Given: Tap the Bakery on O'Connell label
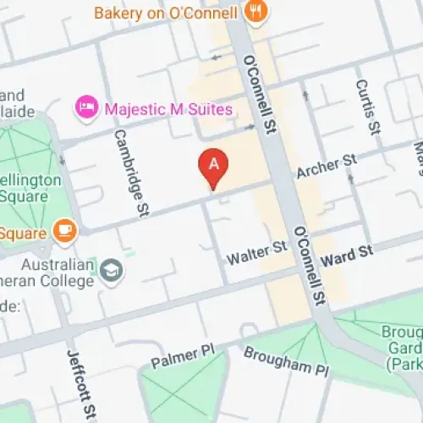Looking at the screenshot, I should pyautogui.click(x=167, y=13).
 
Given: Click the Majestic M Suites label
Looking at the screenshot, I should pyautogui.click(x=167, y=107).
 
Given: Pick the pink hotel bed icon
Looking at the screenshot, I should pyautogui.click(x=85, y=107).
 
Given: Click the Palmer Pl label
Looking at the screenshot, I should pyautogui.click(x=179, y=356).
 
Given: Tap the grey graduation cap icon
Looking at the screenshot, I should pyautogui.click(x=111, y=272).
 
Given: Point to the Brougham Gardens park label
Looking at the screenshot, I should pyautogui.click(x=403, y=347).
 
